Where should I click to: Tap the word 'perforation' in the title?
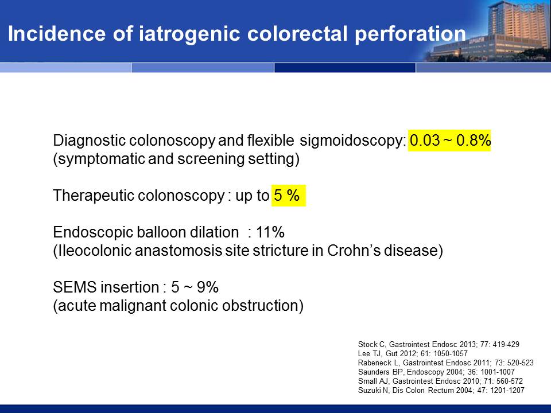coord(410,34)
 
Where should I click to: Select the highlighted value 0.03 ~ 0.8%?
coord(449,141)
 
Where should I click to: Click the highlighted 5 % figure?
coord(288,195)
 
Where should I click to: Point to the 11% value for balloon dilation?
coord(270,232)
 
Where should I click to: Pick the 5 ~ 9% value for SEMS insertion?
coord(195,287)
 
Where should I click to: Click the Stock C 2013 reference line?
coord(439,345)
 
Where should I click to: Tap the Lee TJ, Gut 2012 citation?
coord(413,354)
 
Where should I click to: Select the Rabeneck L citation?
coord(445,363)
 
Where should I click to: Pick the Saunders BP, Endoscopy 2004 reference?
coord(436,372)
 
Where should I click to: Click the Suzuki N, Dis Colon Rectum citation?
coord(441,390)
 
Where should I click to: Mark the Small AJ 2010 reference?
coord(440,381)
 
